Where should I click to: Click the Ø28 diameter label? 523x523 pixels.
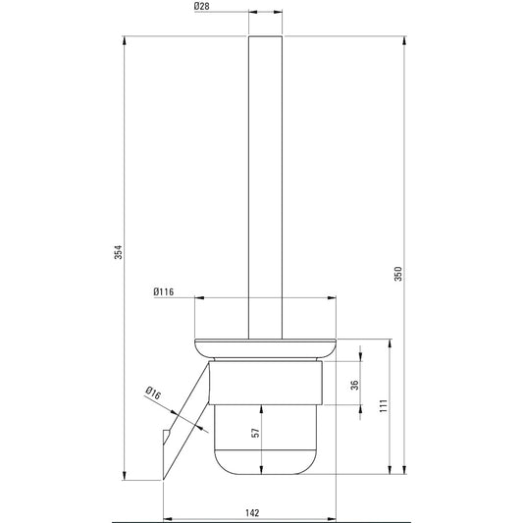click(202, 6)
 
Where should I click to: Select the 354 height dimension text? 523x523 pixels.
click(119, 252)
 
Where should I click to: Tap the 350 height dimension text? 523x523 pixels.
click(398, 274)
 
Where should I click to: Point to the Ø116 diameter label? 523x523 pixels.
click(164, 291)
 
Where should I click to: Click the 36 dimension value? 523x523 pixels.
click(355, 385)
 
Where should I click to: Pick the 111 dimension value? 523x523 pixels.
click(384, 405)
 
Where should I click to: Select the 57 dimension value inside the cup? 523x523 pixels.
click(255, 433)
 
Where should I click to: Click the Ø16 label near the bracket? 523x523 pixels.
click(153, 392)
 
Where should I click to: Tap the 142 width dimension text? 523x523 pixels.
click(252, 512)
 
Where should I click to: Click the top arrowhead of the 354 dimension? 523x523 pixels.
click(124, 40)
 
